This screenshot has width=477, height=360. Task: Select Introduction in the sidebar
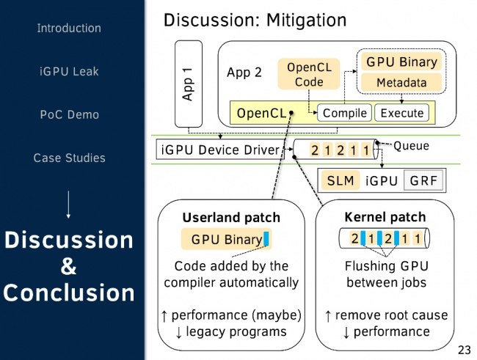pyautogui.click(x=69, y=29)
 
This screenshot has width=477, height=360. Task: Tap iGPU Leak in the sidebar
pyautogui.click(x=69, y=72)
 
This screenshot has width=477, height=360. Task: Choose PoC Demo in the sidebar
pyautogui.click(x=69, y=115)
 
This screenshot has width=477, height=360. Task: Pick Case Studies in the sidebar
pyautogui.click(x=69, y=158)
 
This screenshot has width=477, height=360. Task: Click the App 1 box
pyautogui.click(x=188, y=84)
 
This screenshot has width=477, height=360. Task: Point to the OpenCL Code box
pyautogui.click(x=309, y=75)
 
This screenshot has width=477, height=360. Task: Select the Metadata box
pyautogui.click(x=401, y=83)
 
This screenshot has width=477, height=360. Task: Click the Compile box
pyautogui.click(x=344, y=113)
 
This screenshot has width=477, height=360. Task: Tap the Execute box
pyautogui.click(x=401, y=113)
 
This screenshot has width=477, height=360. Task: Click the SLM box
pyautogui.click(x=340, y=180)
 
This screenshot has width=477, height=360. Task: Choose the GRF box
pyautogui.click(x=424, y=180)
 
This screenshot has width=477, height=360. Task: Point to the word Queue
pyautogui.click(x=411, y=145)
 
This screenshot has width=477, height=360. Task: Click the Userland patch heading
pyautogui.click(x=231, y=218)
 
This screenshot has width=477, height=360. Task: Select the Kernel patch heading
pyautogui.click(x=385, y=218)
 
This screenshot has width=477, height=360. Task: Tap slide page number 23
pyautogui.click(x=464, y=348)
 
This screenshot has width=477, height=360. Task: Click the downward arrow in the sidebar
pyautogui.click(x=68, y=203)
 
